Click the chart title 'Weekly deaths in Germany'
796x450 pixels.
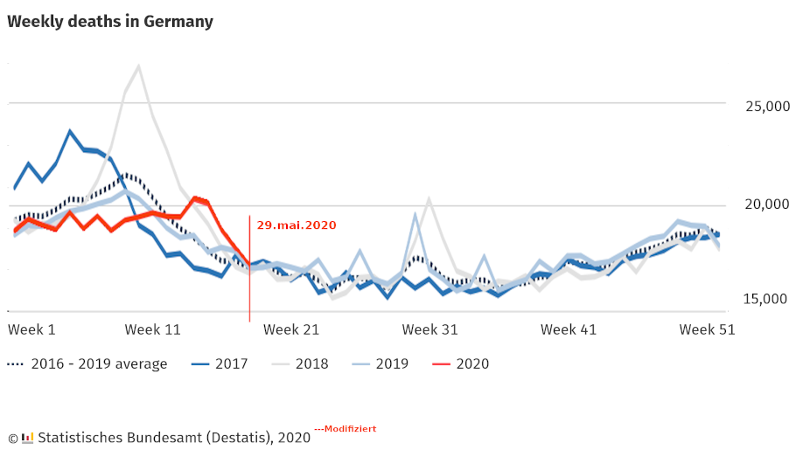[110, 22]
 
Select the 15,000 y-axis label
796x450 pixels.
[765, 299]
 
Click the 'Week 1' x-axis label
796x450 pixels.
[31, 329]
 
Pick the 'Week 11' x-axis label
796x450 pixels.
[153, 329]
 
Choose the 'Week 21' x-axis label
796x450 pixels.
[291, 329]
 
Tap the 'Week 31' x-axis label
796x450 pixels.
[430, 329]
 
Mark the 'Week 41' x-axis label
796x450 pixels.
[569, 329]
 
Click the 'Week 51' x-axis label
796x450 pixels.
[707, 329]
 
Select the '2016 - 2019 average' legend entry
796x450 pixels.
[87, 364]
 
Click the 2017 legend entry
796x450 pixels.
[220, 364]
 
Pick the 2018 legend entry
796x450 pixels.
[300, 364]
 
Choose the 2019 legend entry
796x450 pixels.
[381, 364]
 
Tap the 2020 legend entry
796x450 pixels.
[460, 364]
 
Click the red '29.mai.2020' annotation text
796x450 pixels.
[297, 225]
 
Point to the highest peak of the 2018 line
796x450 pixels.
[138, 66]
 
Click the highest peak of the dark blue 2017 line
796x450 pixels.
[70, 131]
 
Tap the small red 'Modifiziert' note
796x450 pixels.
[346, 429]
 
